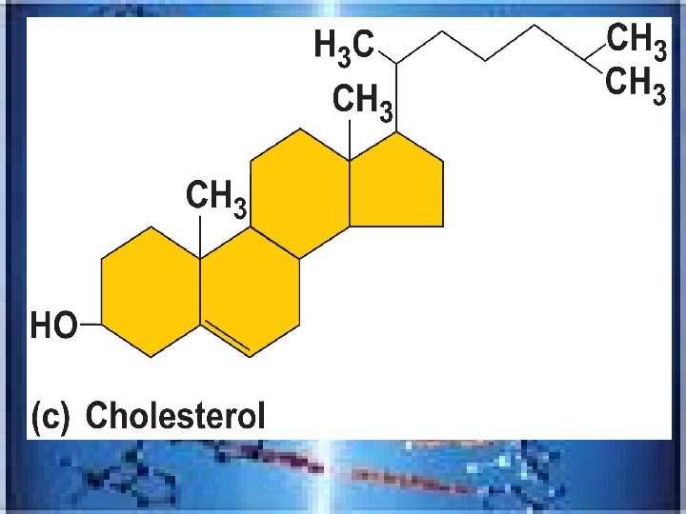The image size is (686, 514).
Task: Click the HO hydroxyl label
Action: click(54, 326)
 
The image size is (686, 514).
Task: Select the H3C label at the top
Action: click(345, 45)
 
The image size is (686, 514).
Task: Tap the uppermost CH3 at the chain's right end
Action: click(636, 40)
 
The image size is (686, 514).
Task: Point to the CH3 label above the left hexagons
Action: click(217, 200)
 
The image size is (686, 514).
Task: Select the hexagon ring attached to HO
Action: click(151, 291)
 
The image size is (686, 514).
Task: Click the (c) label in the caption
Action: click(50, 417)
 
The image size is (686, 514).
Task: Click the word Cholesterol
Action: click(175, 417)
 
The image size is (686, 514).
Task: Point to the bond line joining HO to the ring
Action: click(91, 325)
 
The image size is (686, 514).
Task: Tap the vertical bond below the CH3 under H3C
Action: click(350, 140)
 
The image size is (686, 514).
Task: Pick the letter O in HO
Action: click(64, 326)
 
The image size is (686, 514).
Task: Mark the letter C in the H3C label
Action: click(363, 44)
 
